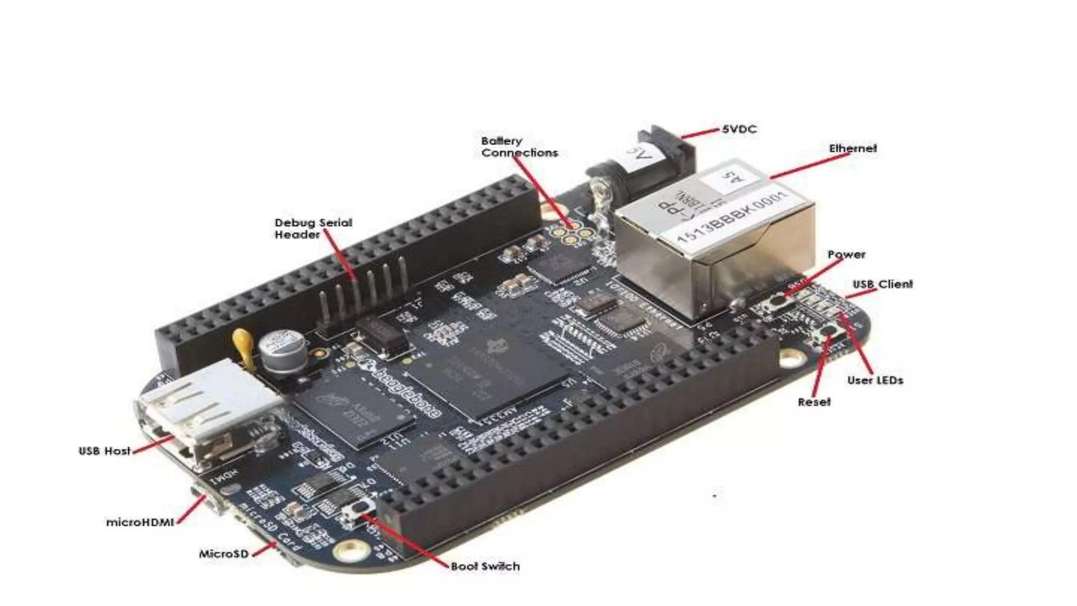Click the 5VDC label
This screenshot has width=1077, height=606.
coord(739,129)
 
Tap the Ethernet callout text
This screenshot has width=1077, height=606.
coord(852,148)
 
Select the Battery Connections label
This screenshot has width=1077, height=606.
coord(519,147)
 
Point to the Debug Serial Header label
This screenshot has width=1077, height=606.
coord(313,228)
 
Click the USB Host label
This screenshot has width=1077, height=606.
coord(104,451)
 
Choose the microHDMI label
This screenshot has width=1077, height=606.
coord(140,522)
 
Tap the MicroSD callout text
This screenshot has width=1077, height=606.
coord(223,553)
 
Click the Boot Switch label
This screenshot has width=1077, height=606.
coord(485,566)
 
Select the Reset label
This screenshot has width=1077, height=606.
coord(814,402)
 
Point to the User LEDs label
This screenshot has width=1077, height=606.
coord(875,380)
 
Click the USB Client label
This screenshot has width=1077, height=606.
coord(882,284)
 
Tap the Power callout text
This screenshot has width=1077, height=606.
coord(846,255)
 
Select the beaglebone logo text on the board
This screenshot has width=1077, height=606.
coord(405,389)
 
